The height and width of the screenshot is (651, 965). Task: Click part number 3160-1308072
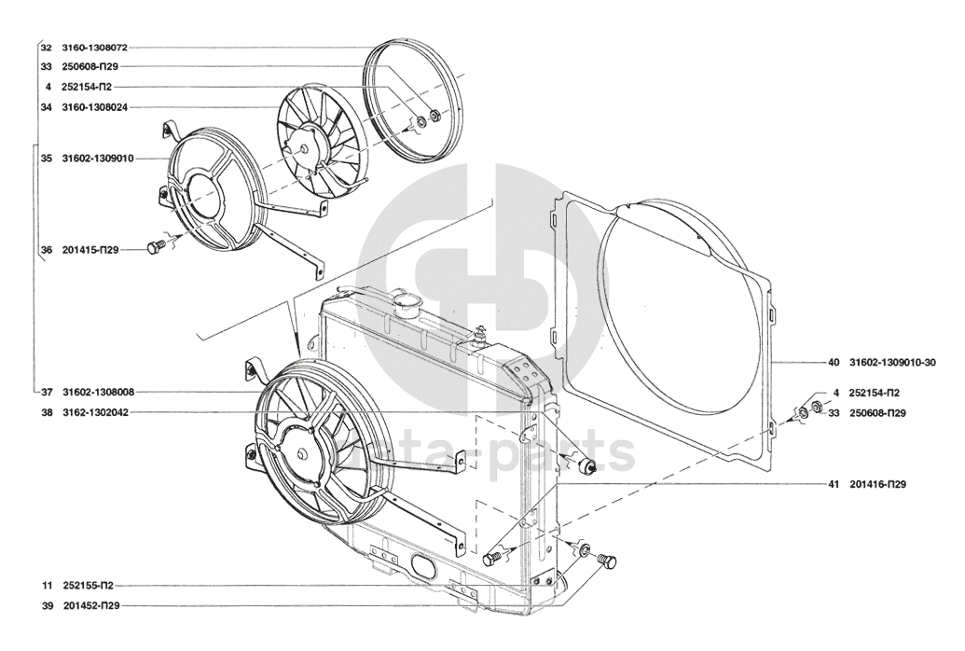coord(94,48)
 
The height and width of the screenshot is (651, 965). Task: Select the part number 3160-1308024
coord(94,107)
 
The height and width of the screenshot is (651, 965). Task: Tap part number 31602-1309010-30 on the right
coord(892,363)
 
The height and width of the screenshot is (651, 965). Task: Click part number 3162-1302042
coord(95,412)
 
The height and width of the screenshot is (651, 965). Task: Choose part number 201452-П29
coord(91,606)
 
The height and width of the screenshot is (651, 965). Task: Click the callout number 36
coord(47,250)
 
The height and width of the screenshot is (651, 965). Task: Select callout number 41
coord(834,485)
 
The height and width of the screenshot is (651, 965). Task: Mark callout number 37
coord(47,392)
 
